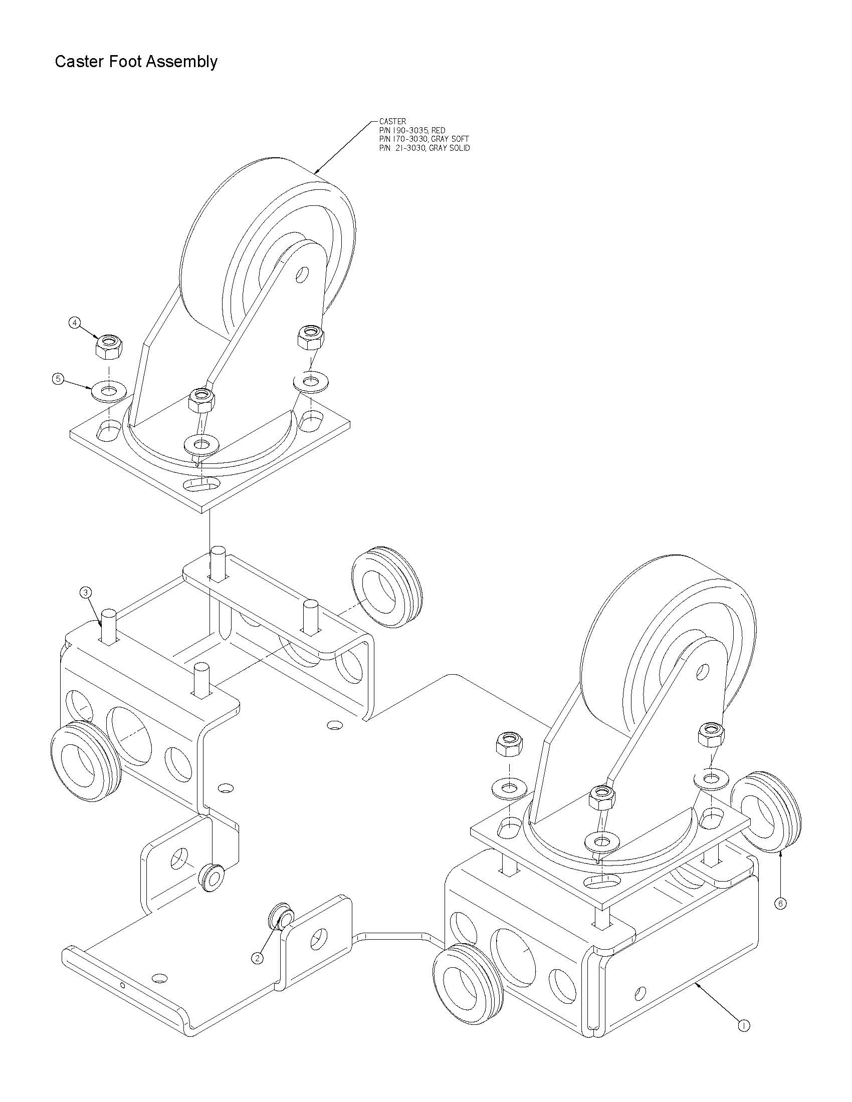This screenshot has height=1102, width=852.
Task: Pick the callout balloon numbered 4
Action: (75, 323)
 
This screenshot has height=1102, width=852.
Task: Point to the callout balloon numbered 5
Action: (59, 378)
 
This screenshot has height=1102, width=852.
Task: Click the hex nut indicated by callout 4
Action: (108, 346)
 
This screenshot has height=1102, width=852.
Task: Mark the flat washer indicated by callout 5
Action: (108, 391)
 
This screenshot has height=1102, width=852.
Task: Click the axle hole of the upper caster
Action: (302, 275)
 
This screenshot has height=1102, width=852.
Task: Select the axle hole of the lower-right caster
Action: (702, 672)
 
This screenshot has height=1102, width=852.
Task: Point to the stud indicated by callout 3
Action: (110, 626)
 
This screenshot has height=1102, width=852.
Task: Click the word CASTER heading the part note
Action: (393, 121)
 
